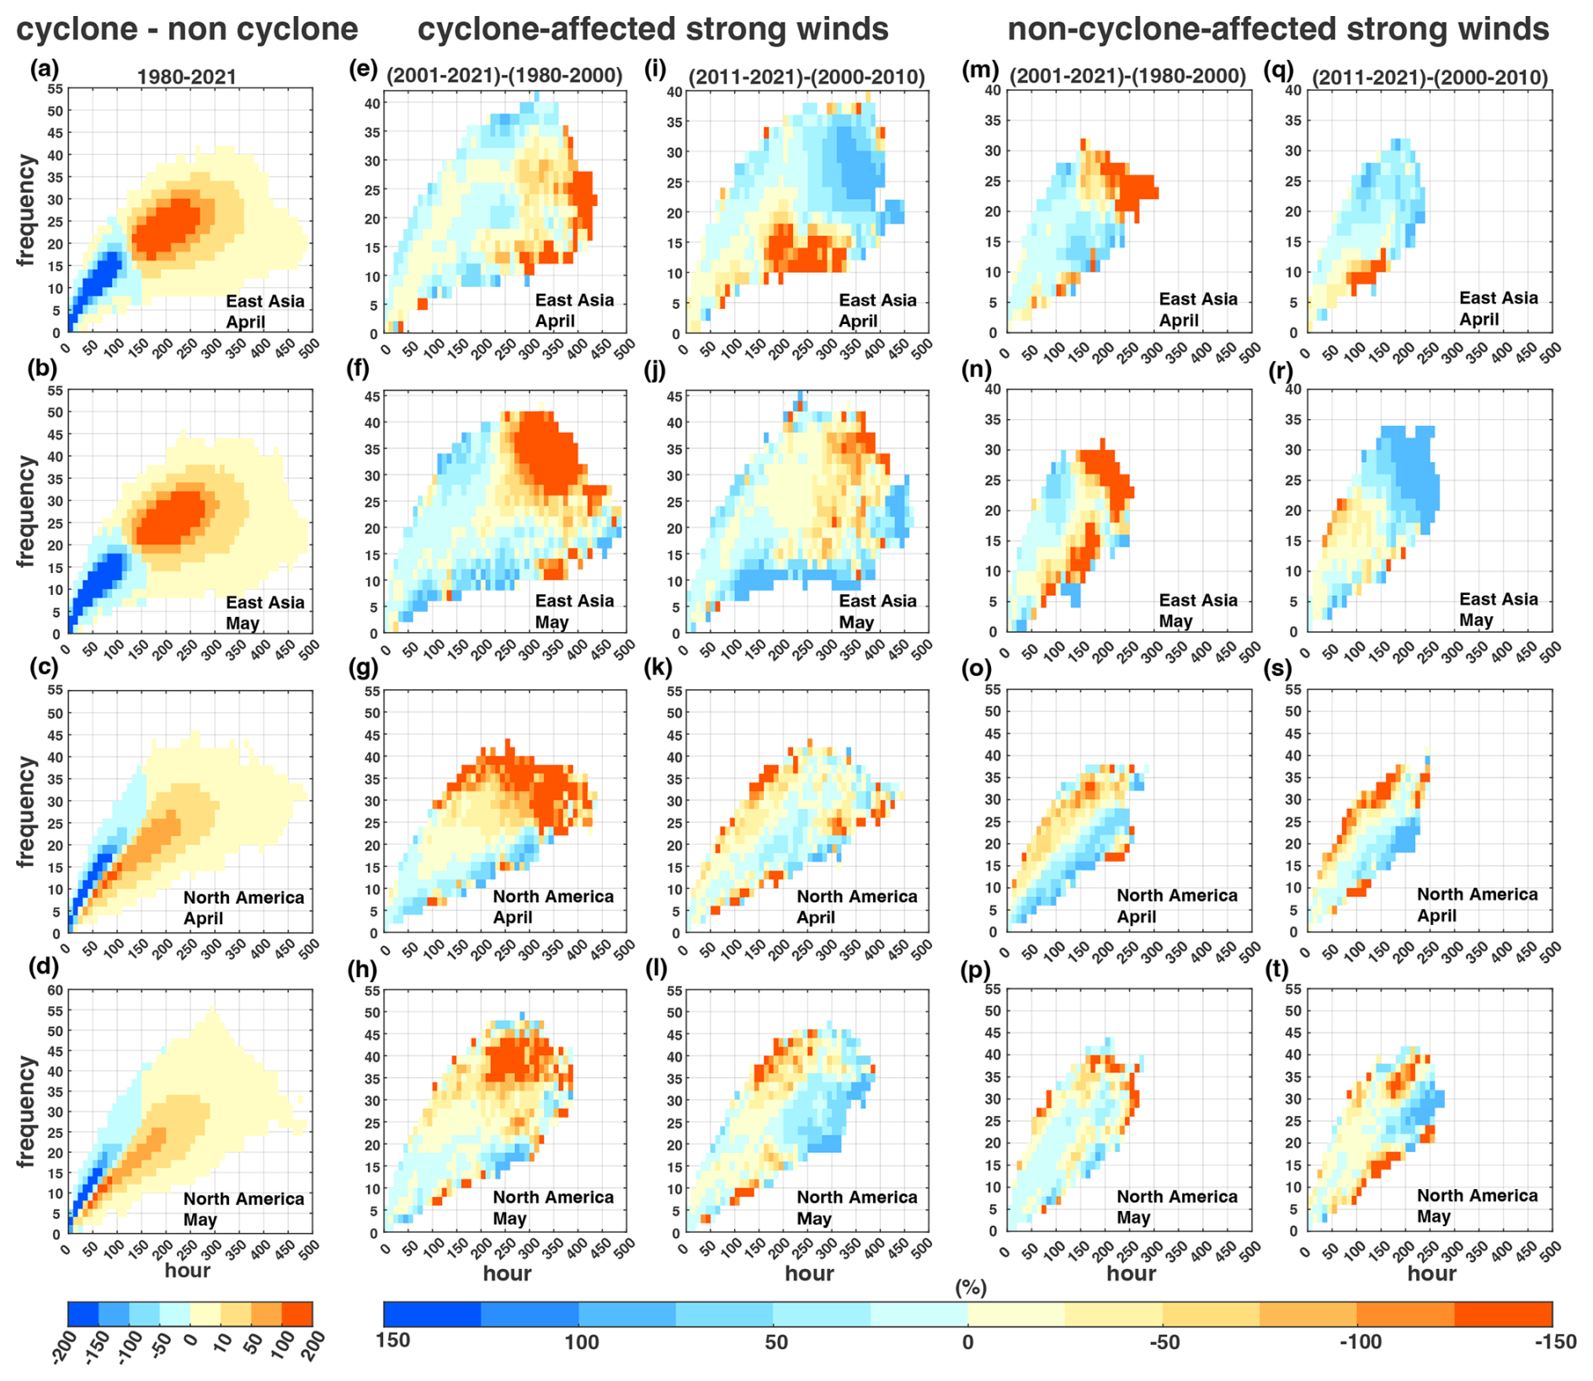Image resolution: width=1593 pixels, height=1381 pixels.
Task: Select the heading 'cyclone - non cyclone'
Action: pos(187,29)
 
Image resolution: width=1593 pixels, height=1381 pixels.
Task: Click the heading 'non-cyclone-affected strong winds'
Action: pos(1278,29)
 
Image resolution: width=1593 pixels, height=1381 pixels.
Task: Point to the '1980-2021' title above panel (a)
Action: pos(187,77)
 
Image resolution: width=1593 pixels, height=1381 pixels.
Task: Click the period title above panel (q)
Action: pos(1429,77)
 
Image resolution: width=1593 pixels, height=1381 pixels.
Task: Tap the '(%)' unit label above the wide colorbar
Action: pos(971,1288)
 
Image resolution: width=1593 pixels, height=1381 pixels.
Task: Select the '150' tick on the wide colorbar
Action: pos(394,1341)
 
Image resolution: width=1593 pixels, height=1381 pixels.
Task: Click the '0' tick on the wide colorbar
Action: pos(968,1341)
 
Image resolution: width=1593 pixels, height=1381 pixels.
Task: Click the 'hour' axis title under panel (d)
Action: pos(187,1270)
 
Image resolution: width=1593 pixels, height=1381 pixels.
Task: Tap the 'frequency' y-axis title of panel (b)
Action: pos(27,512)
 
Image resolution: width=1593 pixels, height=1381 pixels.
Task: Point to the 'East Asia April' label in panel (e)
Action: pos(574,311)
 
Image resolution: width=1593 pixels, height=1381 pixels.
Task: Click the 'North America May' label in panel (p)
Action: pos(1176,1207)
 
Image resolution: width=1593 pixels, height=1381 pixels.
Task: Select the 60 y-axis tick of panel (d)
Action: pos(55,991)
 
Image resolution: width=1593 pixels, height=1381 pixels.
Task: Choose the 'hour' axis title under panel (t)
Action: pos(1431,1273)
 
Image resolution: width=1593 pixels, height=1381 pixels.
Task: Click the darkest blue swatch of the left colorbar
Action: pos(83,1314)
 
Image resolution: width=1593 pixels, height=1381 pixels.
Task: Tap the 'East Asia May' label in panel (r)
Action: pos(1497,610)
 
